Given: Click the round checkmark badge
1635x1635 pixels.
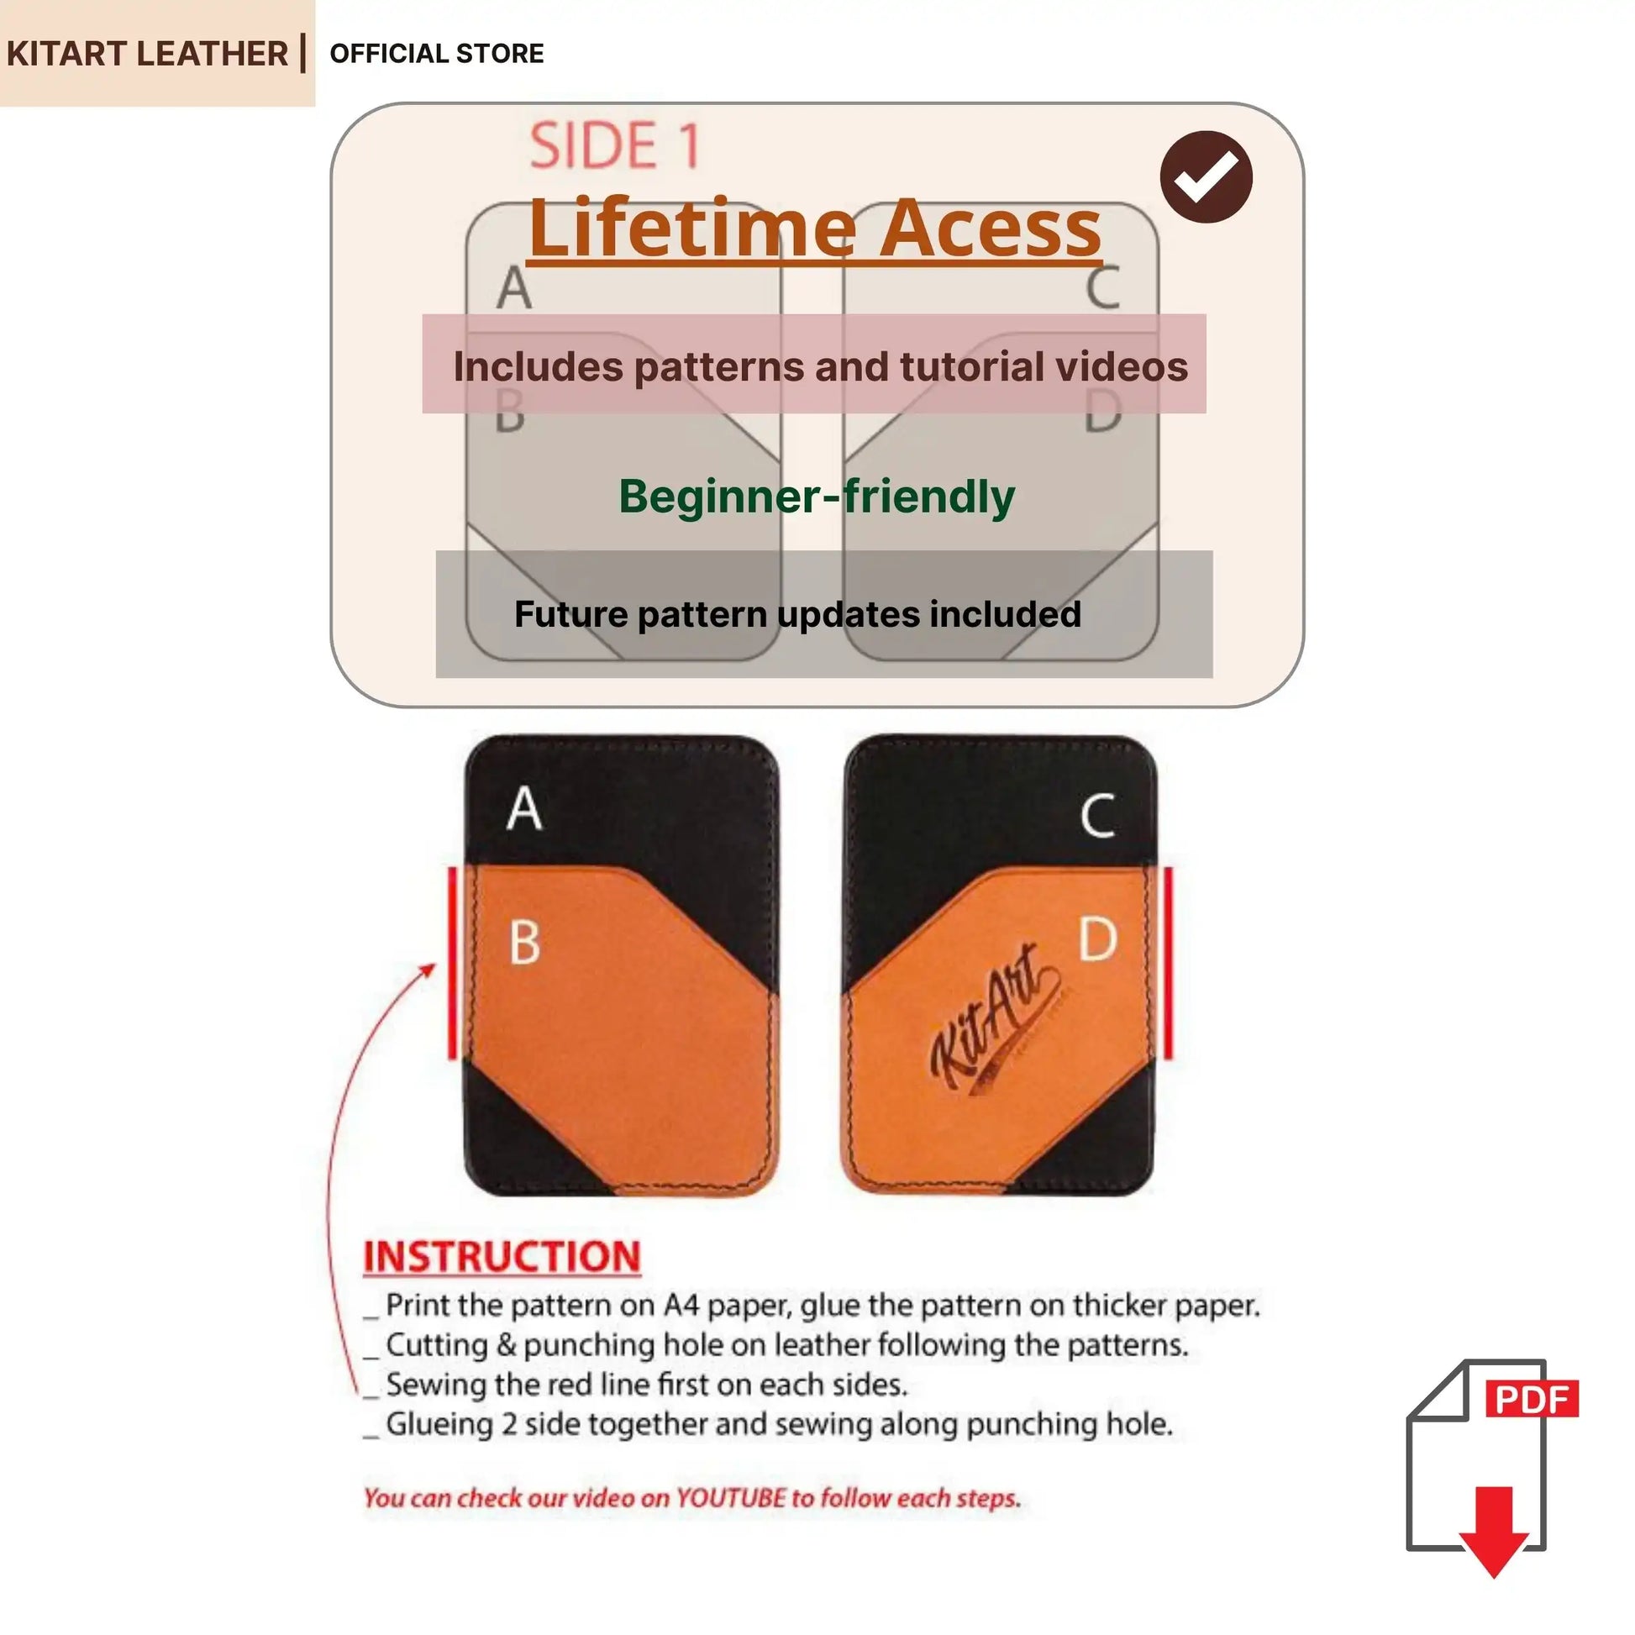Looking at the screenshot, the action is pyautogui.click(x=1206, y=176).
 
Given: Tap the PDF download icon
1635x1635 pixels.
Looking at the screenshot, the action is pyautogui.click(x=1491, y=1469).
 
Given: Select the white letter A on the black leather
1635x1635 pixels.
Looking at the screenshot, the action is pyautogui.click(x=523, y=808).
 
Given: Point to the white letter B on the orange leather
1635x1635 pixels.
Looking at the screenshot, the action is pyautogui.click(x=524, y=942).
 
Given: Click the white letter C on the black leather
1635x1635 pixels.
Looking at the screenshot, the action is pyautogui.click(x=1097, y=815).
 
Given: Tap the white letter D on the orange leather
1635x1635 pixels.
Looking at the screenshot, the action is pyautogui.click(x=1098, y=938).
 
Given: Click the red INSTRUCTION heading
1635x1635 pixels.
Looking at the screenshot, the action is pyautogui.click(x=502, y=1257).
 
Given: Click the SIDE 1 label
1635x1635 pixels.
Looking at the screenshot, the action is pyautogui.click(x=615, y=145).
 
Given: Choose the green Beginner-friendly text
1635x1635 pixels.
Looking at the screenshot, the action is pyautogui.click(x=817, y=496).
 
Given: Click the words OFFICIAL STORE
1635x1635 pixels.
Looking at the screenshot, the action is pyautogui.click(x=437, y=53).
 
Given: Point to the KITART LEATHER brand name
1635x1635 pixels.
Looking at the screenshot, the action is pyautogui.click(x=147, y=53).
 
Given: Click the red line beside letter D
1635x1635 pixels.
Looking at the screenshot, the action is pyautogui.click(x=1169, y=962).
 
